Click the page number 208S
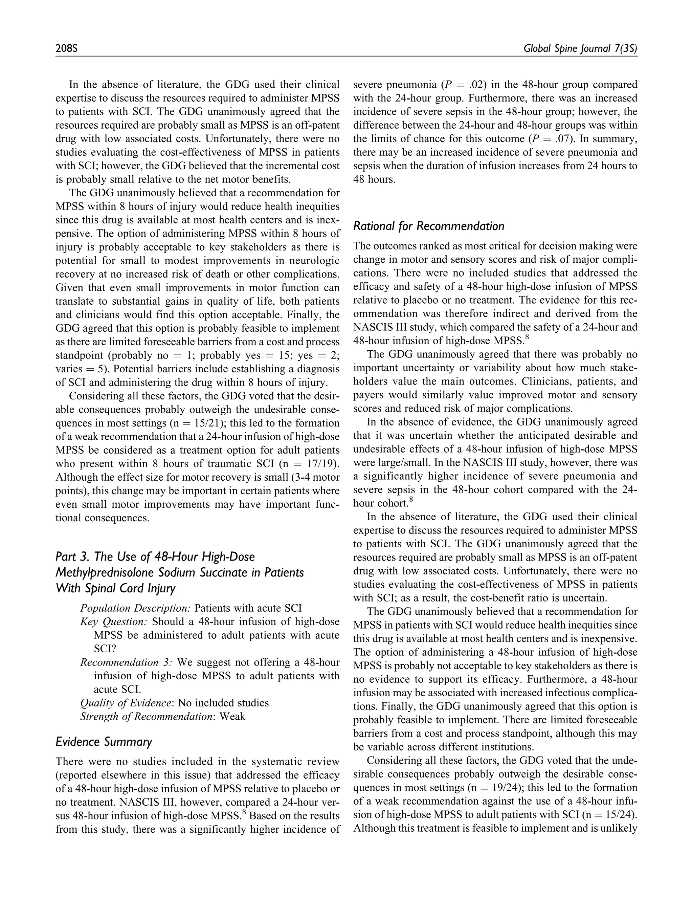pyautogui.click(x=67, y=49)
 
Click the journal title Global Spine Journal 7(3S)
pyautogui.click(x=580, y=49)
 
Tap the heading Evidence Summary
pyautogui.click(x=104, y=742)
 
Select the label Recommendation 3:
pyautogui.click(x=126, y=662)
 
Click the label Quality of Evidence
pyautogui.click(x=125, y=703)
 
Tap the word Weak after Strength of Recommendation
pyautogui.click(x=232, y=716)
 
